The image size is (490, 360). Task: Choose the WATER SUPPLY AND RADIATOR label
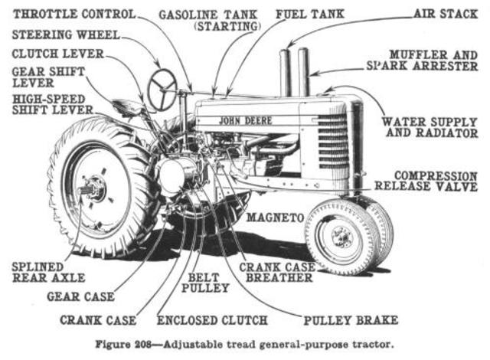[430, 127]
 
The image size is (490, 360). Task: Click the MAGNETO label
[273, 218]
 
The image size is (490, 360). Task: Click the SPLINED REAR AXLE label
[43, 272]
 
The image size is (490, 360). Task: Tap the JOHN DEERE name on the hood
[245, 120]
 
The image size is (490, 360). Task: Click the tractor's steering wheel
[162, 90]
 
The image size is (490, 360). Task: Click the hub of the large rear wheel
[93, 188]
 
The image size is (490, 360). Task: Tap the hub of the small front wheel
[341, 236]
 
